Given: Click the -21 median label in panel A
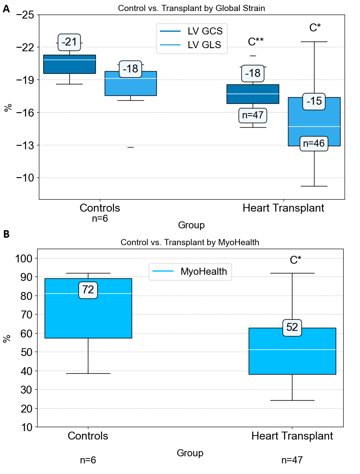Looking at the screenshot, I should tap(69, 42).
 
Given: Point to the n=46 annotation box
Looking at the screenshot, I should tap(314, 144).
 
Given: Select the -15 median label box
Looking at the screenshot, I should tap(314, 102).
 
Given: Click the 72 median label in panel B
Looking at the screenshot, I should tap(88, 290).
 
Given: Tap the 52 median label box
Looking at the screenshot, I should tap(292, 328).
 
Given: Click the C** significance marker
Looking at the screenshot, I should tap(256, 42).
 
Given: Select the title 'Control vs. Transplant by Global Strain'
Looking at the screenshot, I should tap(191, 8).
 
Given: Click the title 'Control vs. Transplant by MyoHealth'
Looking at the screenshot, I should tap(190, 242).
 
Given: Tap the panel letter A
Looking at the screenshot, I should tap(6, 9).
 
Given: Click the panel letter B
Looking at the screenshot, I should tap(6, 235).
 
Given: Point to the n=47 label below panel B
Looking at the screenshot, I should tap(292, 460).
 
